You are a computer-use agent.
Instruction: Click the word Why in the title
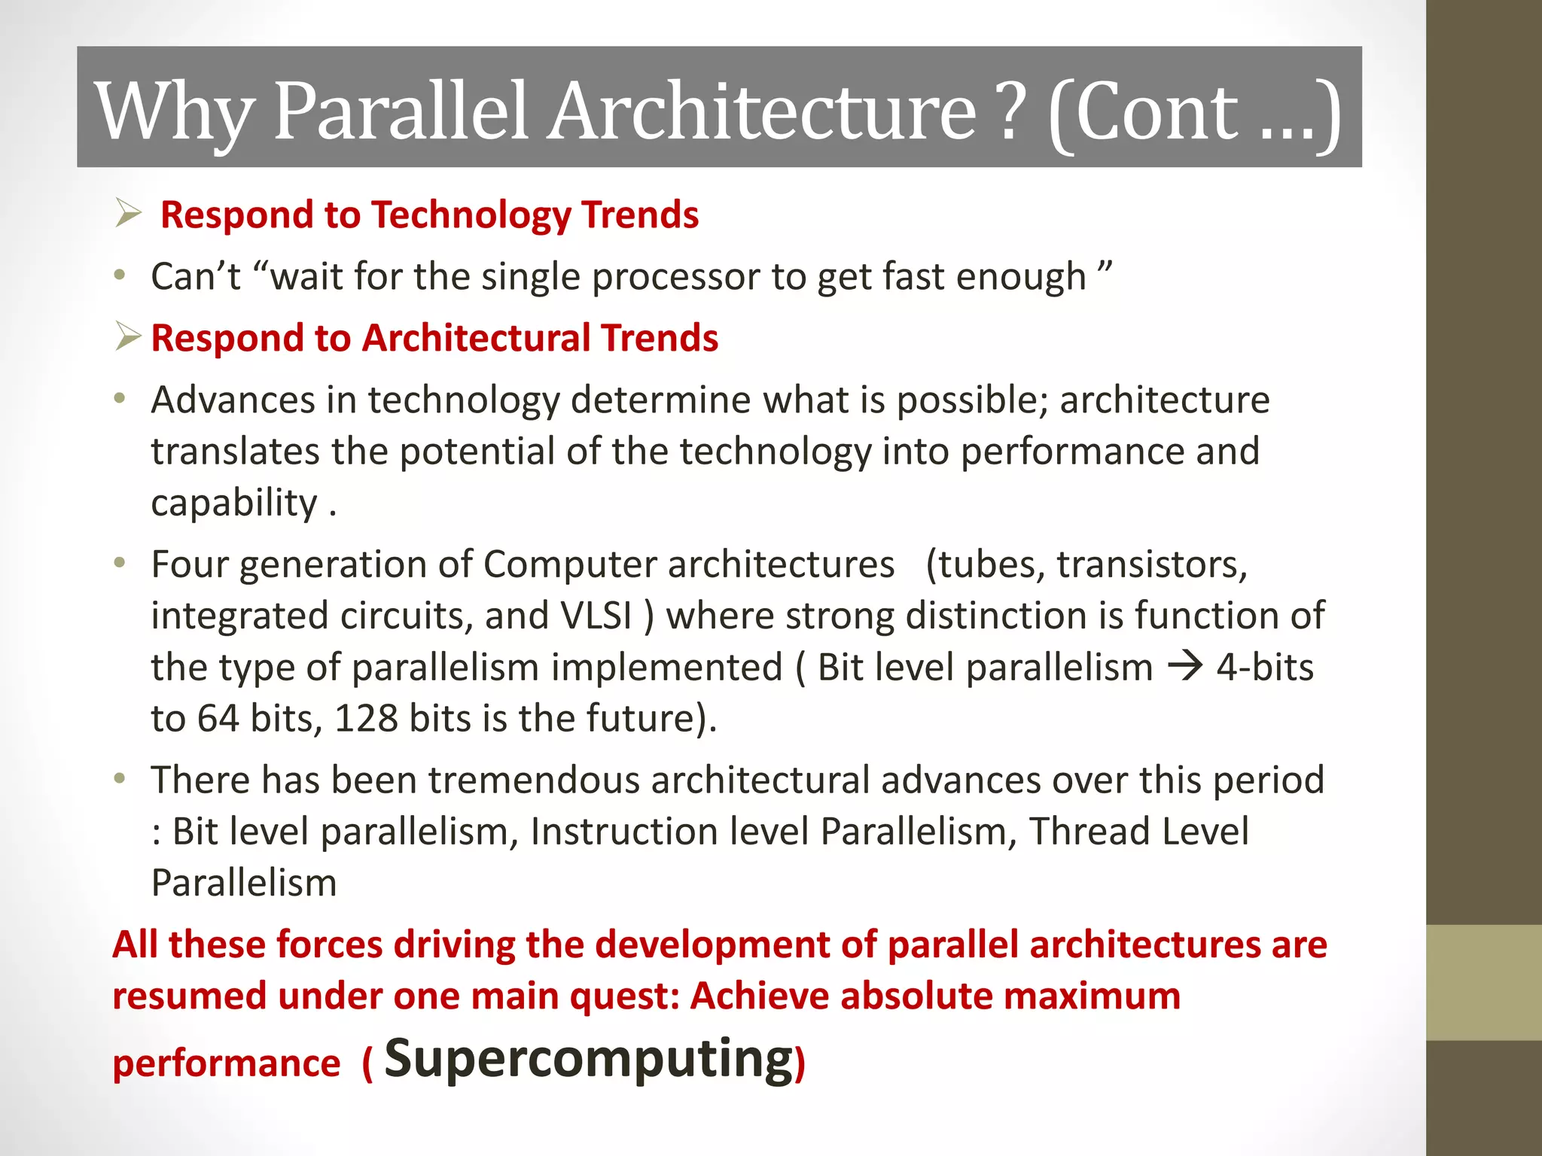pyautogui.click(x=175, y=113)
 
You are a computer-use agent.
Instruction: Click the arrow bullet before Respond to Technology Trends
pyautogui.click(x=128, y=214)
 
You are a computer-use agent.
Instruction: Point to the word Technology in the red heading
pyautogui.click(x=471, y=215)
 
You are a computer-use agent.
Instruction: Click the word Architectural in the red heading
pyautogui.click(x=476, y=338)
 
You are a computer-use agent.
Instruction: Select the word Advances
pyautogui.click(x=233, y=400)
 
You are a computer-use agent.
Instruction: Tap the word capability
pyautogui.click(x=234, y=503)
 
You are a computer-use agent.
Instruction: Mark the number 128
pyautogui.click(x=366, y=718)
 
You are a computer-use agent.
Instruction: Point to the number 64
pyautogui.click(x=218, y=718)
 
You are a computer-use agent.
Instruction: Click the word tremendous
pyautogui.click(x=534, y=780)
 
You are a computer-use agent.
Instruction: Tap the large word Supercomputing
pyautogui.click(x=589, y=1058)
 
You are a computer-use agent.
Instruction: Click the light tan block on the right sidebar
pyautogui.click(x=1483, y=982)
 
